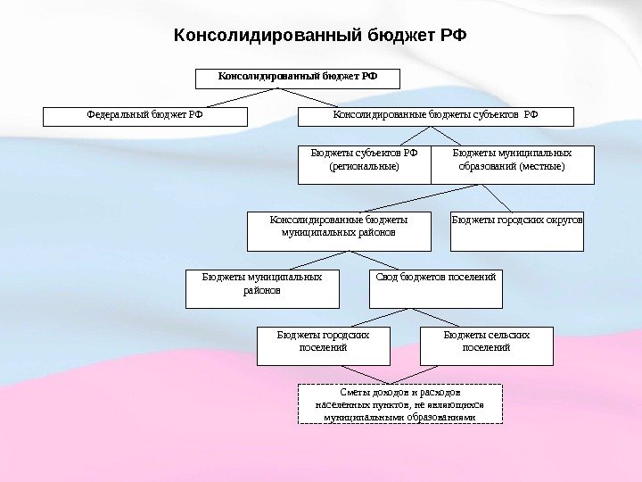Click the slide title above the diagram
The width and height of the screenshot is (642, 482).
coord(320,36)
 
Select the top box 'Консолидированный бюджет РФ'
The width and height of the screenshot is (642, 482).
coord(298,78)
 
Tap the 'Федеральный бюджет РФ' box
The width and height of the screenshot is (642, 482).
coord(144,116)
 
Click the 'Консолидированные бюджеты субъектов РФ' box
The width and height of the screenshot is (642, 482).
coord(436,116)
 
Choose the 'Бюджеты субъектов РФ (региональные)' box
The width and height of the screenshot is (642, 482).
coord(364,164)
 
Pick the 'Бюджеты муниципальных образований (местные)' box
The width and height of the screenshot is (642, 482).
coord(512,164)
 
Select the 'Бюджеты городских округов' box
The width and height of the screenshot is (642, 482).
coord(517,231)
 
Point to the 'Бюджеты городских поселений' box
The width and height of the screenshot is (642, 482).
coord(323,345)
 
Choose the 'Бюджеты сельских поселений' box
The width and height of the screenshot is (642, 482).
coord(486,345)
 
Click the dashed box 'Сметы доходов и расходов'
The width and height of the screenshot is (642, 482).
coord(399,403)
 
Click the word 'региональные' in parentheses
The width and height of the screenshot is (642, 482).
coord(364,166)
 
